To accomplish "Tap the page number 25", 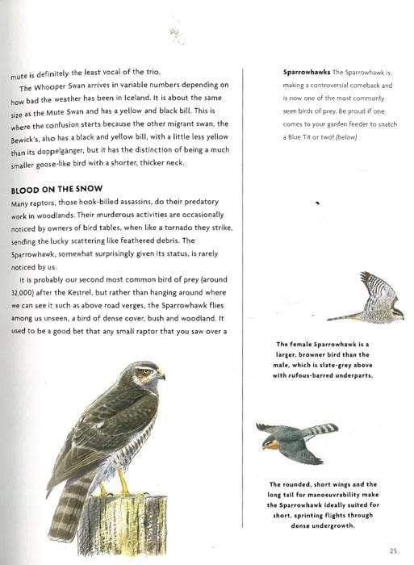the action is (392, 551).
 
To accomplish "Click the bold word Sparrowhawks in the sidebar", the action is (307, 73).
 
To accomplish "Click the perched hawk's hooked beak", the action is (161, 375).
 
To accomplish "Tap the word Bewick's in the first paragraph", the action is (27, 136).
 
